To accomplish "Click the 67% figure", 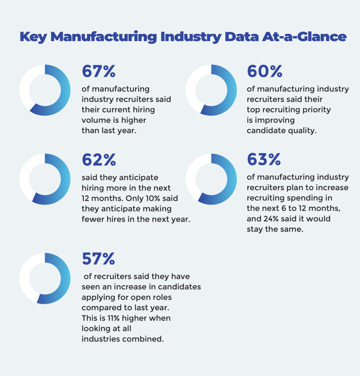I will click(x=98, y=72).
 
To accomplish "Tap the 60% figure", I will click(x=265, y=72).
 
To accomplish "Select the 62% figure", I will click(x=98, y=160).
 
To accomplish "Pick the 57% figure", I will click(x=98, y=259).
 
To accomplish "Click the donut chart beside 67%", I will click(x=45, y=90).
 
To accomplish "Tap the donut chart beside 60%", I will click(x=211, y=90).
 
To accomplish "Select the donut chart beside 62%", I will click(x=45, y=179).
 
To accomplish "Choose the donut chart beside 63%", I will click(x=211, y=179).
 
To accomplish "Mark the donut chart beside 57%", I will click(x=45, y=278).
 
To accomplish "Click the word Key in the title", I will click(x=32, y=37).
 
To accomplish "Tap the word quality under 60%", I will click(x=303, y=131).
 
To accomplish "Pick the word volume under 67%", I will click(x=94, y=120).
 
